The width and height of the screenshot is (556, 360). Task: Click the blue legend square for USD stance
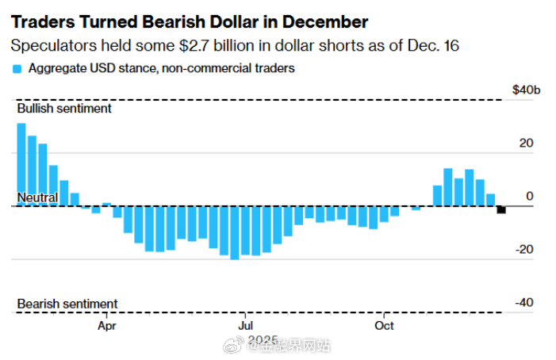[17, 69]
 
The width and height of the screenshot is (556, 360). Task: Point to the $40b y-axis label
[527, 91]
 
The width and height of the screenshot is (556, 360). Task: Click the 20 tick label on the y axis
[524, 144]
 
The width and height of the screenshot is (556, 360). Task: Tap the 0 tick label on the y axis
[528, 197]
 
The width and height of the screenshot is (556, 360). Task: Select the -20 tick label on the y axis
[523, 250]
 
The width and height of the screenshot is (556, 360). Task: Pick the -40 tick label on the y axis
[523, 303]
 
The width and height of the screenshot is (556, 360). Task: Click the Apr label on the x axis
[107, 325]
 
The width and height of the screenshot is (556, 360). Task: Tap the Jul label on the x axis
[246, 325]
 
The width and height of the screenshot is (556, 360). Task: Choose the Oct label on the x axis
[384, 325]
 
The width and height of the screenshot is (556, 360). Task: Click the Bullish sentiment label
[64, 108]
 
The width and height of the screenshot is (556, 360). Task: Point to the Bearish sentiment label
[67, 304]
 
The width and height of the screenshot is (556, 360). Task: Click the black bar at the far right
[501, 209]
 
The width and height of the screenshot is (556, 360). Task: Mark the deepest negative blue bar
[235, 232]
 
